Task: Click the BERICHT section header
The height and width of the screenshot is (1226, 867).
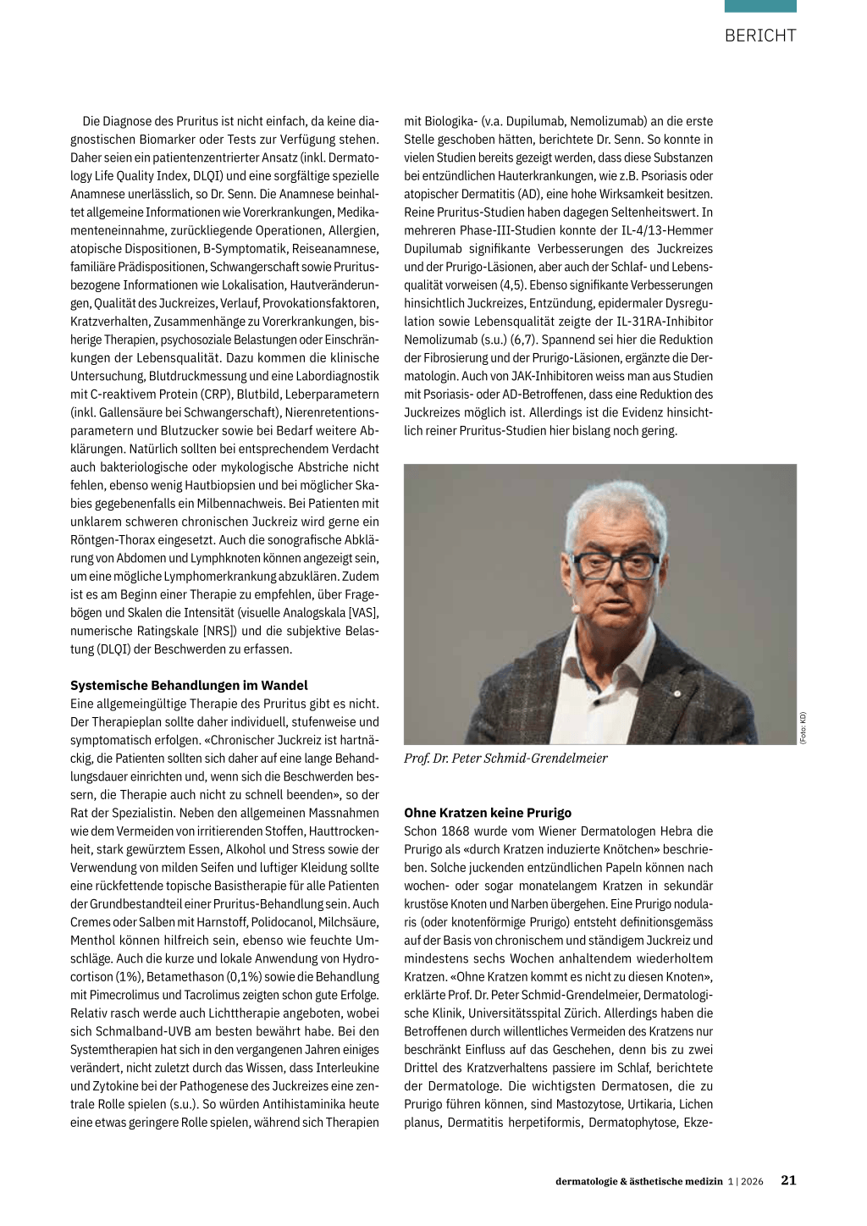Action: click(759, 36)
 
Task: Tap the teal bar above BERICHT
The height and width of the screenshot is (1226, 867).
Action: click(759, 6)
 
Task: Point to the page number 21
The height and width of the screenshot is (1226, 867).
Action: click(788, 1180)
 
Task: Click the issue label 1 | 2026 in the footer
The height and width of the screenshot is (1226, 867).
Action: click(745, 1181)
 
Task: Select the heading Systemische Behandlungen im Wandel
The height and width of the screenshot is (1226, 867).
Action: click(189, 685)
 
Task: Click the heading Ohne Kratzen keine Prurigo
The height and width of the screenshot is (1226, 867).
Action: click(488, 812)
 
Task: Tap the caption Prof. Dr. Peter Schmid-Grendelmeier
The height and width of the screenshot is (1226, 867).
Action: click(505, 758)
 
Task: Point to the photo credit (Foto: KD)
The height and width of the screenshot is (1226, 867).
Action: click(803, 728)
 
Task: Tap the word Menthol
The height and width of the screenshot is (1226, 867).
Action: click(92, 940)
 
